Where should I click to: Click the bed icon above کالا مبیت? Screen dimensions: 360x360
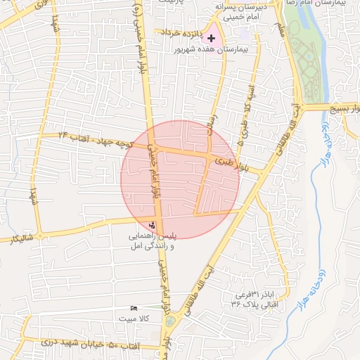tap(134, 308)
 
